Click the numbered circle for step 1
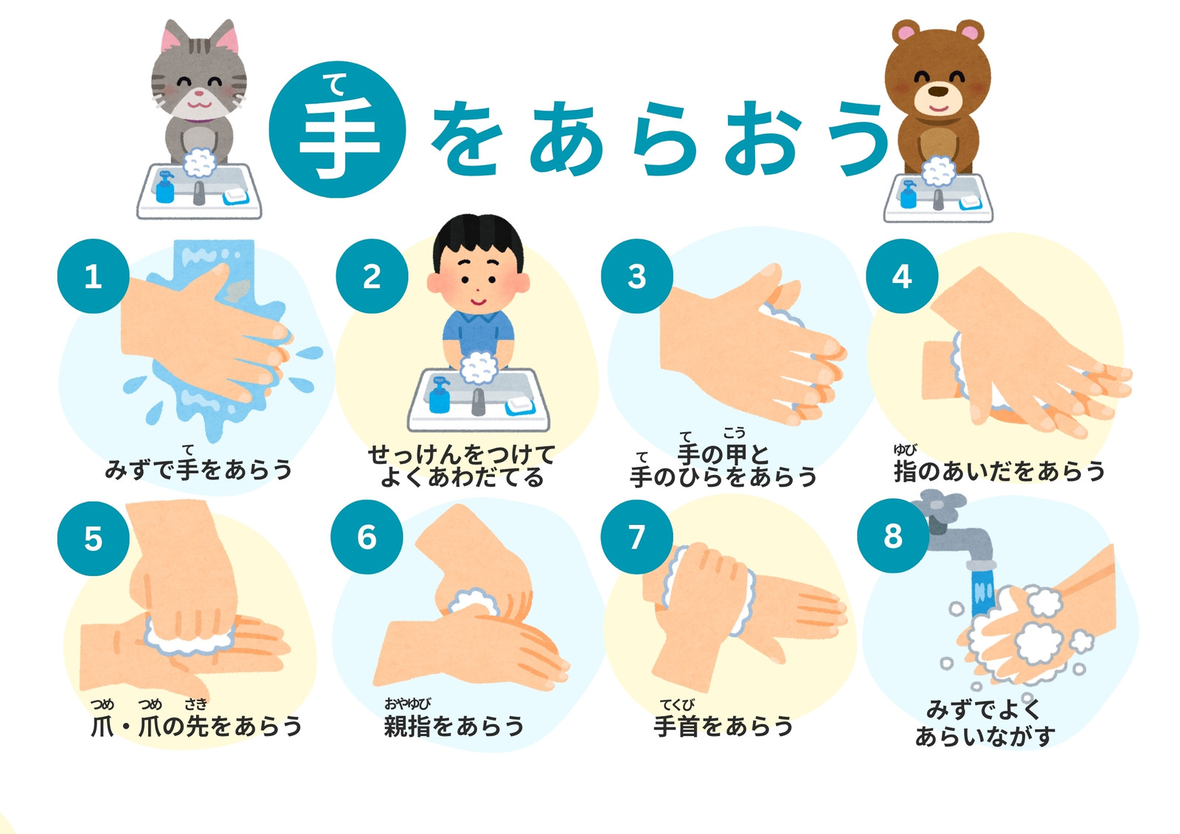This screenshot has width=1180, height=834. [x=93, y=276]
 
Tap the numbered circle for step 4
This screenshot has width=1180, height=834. [x=902, y=276]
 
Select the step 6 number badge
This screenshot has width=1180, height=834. [x=367, y=537]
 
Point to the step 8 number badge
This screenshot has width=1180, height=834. [x=893, y=536]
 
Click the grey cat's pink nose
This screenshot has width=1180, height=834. [x=198, y=94]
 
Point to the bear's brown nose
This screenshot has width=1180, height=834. [x=937, y=91]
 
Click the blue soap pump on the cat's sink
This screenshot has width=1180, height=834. [x=165, y=187]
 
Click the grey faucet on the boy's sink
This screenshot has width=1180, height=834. [x=477, y=402]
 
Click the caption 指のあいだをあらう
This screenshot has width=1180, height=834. [x=999, y=470]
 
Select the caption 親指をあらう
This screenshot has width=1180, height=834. [x=454, y=726]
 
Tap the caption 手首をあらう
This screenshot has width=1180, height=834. [x=723, y=726]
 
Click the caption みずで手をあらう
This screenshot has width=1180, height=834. [x=198, y=469]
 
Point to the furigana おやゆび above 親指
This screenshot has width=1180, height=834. [x=407, y=703]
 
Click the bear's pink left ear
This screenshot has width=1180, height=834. [x=906, y=32]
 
